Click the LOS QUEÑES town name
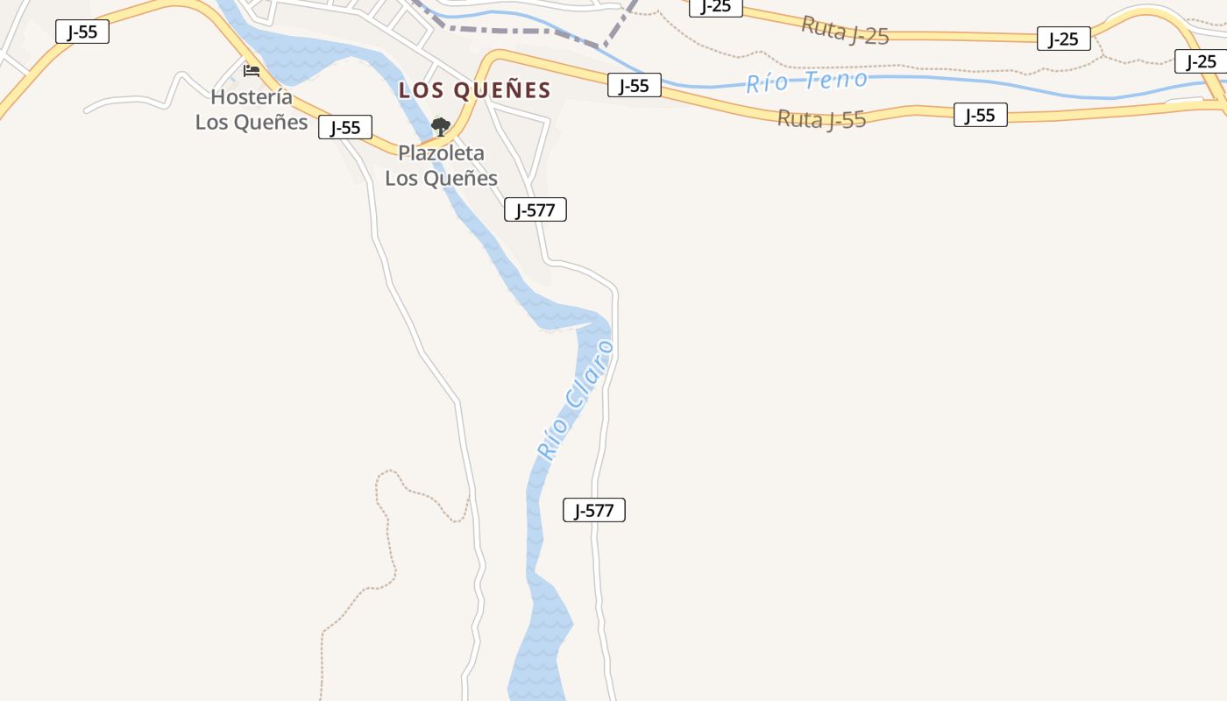click(x=474, y=90)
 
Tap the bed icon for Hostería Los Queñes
click(x=252, y=70)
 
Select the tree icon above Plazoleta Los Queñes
click(x=440, y=127)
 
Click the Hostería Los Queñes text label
click(x=252, y=110)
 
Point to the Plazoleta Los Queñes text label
click(x=441, y=166)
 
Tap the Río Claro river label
click(x=575, y=400)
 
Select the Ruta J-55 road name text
click(x=821, y=117)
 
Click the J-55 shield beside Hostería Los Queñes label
click(x=345, y=127)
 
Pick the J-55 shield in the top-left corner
click(x=82, y=32)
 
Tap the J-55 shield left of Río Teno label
click(x=634, y=85)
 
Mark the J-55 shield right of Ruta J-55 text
click(x=980, y=115)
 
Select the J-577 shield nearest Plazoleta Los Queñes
click(x=535, y=210)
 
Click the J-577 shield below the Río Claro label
click(x=593, y=510)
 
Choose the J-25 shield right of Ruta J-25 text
click(x=1063, y=39)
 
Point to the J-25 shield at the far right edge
click(x=1200, y=61)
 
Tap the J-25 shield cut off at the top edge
click(x=715, y=7)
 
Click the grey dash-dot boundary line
click(x=526, y=32)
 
